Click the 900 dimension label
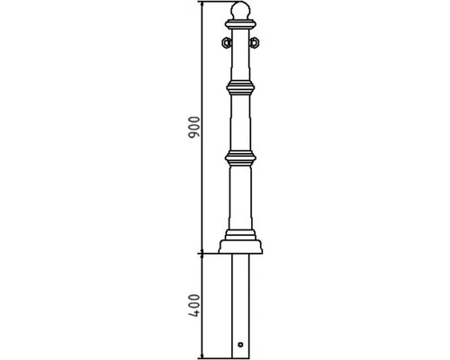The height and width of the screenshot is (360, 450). pyautogui.click(x=193, y=127)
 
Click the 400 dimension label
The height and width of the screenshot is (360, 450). pyautogui.click(x=193, y=306)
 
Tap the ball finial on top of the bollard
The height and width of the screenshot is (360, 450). pyautogui.click(x=240, y=11)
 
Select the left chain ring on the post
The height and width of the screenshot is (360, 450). pyautogui.click(x=226, y=42)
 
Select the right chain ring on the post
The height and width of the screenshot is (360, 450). pyautogui.click(x=254, y=42)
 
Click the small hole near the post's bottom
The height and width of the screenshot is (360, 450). pyautogui.click(x=240, y=345)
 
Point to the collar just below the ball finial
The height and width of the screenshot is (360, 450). pyautogui.click(x=240, y=24)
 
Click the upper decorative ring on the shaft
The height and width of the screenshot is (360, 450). pyautogui.click(x=240, y=87)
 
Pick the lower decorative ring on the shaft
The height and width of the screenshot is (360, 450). pyautogui.click(x=240, y=158)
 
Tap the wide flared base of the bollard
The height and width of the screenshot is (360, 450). pyautogui.click(x=240, y=247)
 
